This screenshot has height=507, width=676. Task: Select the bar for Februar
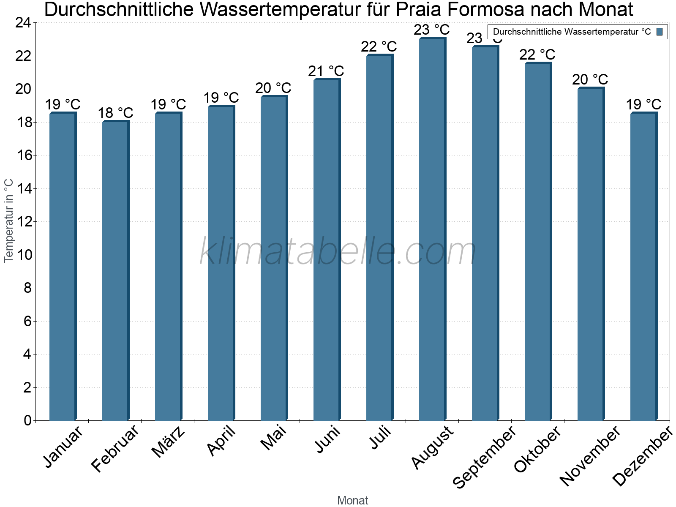tap(115, 270)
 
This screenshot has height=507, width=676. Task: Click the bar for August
tap(432, 228)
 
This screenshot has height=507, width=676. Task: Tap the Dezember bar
tap(643, 266)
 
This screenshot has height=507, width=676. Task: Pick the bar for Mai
tap(274, 258)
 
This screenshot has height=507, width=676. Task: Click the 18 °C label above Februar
tap(115, 113)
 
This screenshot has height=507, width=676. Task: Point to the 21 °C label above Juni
tap(326, 71)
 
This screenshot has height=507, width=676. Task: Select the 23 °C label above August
tap(431, 30)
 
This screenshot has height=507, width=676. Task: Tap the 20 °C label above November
tap(590, 79)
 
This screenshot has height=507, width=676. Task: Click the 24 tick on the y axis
tap(23, 23)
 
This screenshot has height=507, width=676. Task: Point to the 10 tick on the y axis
tap(23, 255)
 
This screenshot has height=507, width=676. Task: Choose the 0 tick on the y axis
tap(27, 420)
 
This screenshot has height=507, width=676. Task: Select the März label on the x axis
tap(169, 442)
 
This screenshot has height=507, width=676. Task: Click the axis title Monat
tap(352, 501)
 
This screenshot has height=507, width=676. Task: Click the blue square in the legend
tap(660, 32)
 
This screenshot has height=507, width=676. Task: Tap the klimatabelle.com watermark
tap(338, 252)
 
